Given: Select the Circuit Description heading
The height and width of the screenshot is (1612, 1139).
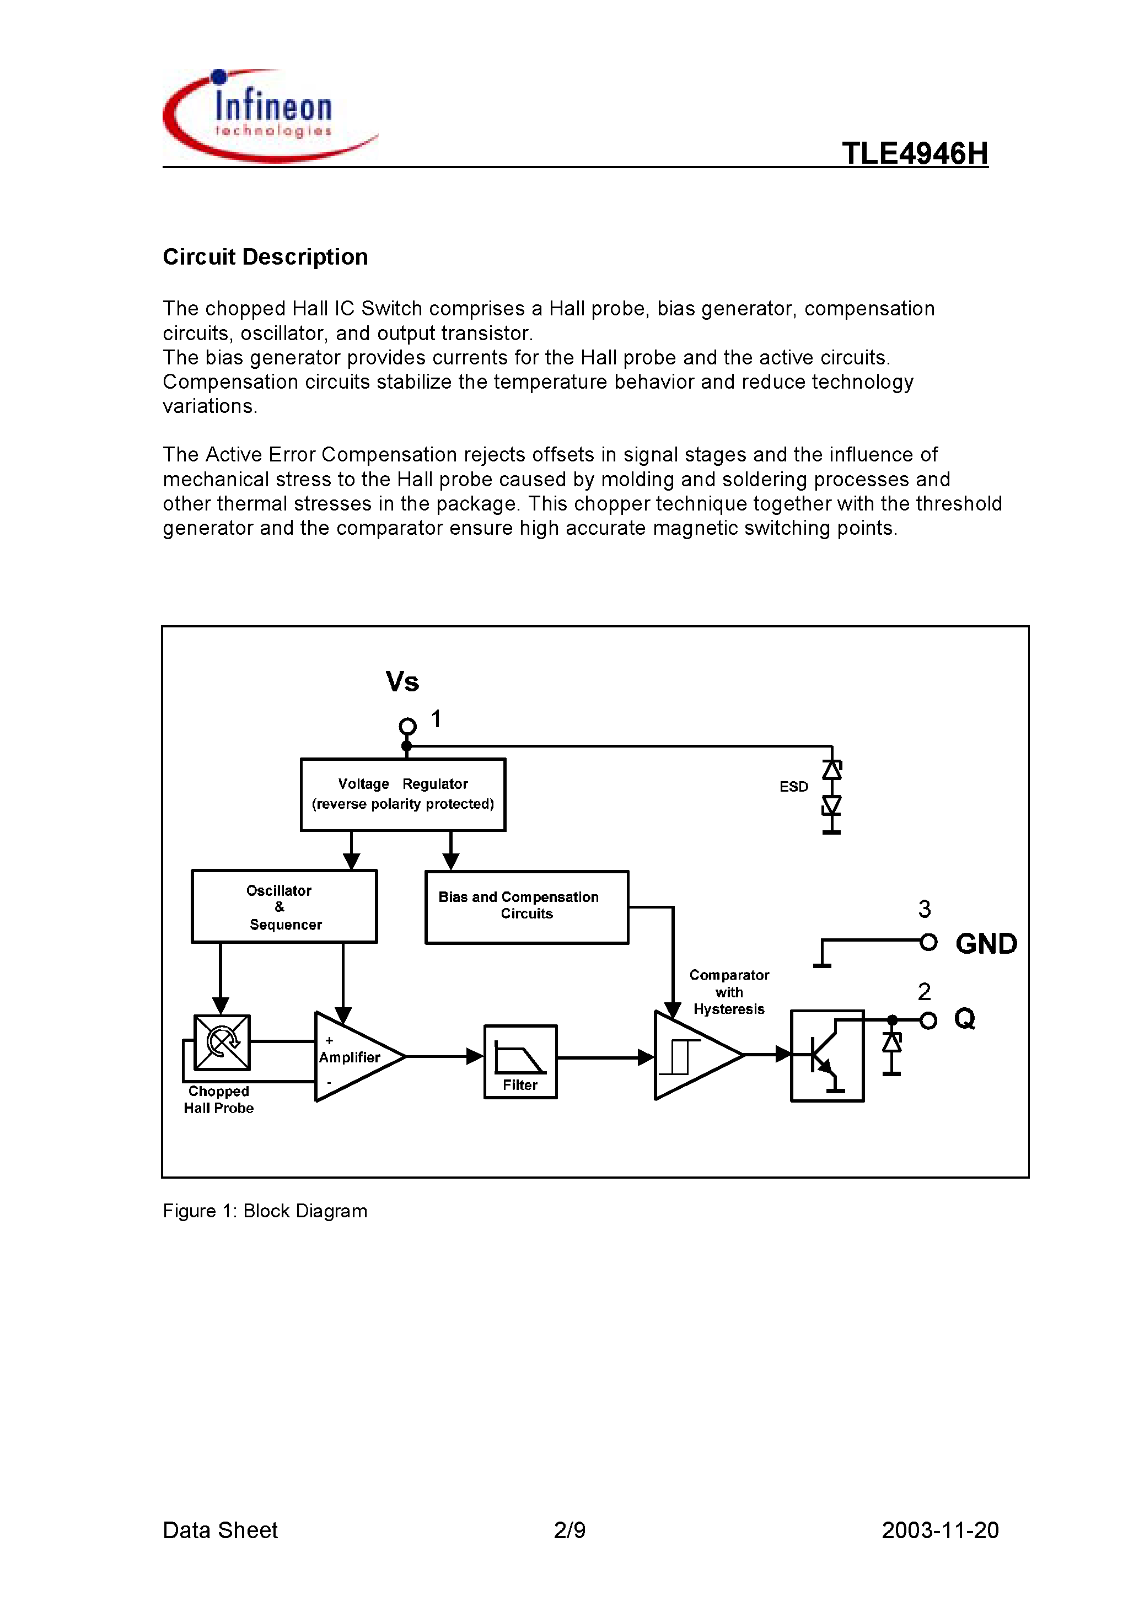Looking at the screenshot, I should tap(265, 257).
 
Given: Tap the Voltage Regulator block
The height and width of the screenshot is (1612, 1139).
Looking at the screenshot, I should tap(402, 794).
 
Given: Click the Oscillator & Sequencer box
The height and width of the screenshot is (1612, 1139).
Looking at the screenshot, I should tap(284, 906).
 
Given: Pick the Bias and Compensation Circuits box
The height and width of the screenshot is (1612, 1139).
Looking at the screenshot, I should tap(526, 907).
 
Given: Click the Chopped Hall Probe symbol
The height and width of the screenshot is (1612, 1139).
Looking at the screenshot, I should tap(222, 1043).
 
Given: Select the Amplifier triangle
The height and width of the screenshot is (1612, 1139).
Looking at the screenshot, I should tap(354, 1057).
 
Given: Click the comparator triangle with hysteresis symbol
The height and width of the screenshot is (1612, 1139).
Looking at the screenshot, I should tap(692, 1055).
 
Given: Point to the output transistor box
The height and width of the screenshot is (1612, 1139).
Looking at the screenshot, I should tap(826, 1055).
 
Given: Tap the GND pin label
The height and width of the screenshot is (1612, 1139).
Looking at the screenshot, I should tap(986, 944).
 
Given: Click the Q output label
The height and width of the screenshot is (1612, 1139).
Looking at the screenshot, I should tap(964, 1019).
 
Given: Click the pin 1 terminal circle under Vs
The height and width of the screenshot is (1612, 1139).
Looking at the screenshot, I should tap(407, 726).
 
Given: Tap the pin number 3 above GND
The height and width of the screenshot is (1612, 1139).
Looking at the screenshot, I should tap(924, 909).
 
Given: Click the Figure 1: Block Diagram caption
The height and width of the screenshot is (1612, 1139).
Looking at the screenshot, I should tap(265, 1211).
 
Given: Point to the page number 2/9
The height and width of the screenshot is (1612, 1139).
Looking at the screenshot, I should tap(569, 1530).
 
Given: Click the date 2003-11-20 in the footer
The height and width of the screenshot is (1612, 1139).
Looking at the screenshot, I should tap(939, 1530).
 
